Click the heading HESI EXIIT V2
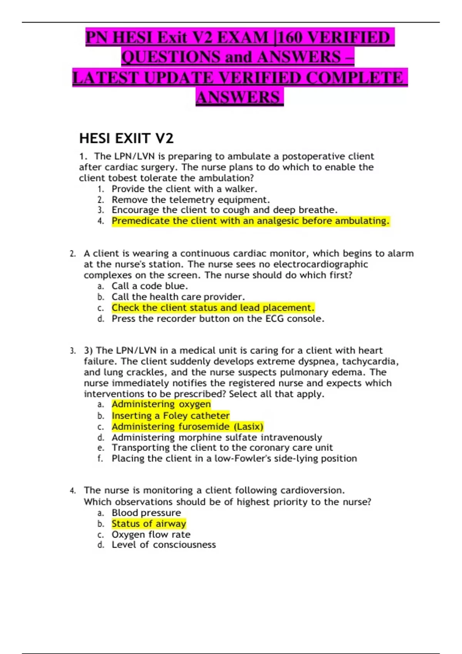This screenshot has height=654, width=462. (x=126, y=138)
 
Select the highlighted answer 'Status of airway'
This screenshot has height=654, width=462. (x=149, y=524)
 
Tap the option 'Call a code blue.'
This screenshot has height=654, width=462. (x=150, y=286)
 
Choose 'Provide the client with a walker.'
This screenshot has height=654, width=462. (x=184, y=189)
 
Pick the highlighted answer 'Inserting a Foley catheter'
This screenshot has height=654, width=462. (x=171, y=415)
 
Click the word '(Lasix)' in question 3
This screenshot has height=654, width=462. (x=248, y=427)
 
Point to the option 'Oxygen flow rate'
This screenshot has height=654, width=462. (x=151, y=534)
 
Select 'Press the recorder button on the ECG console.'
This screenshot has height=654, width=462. (x=218, y=319)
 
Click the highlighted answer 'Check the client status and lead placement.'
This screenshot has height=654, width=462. (x=213, y=308)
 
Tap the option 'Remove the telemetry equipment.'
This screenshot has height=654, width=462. (x=191, y=200)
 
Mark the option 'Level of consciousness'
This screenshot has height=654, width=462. (x=164, y=545)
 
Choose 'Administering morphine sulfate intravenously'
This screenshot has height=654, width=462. (x=217, y=437)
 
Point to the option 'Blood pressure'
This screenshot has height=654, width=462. (x=146, y=513)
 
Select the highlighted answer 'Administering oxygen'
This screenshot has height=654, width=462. (x=161, y=404)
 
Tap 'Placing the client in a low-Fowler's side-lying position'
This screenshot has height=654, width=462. (x=234, y=459)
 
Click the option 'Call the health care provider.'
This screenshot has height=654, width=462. (x=178, y=297)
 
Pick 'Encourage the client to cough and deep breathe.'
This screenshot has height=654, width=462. (x=224, y=210)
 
